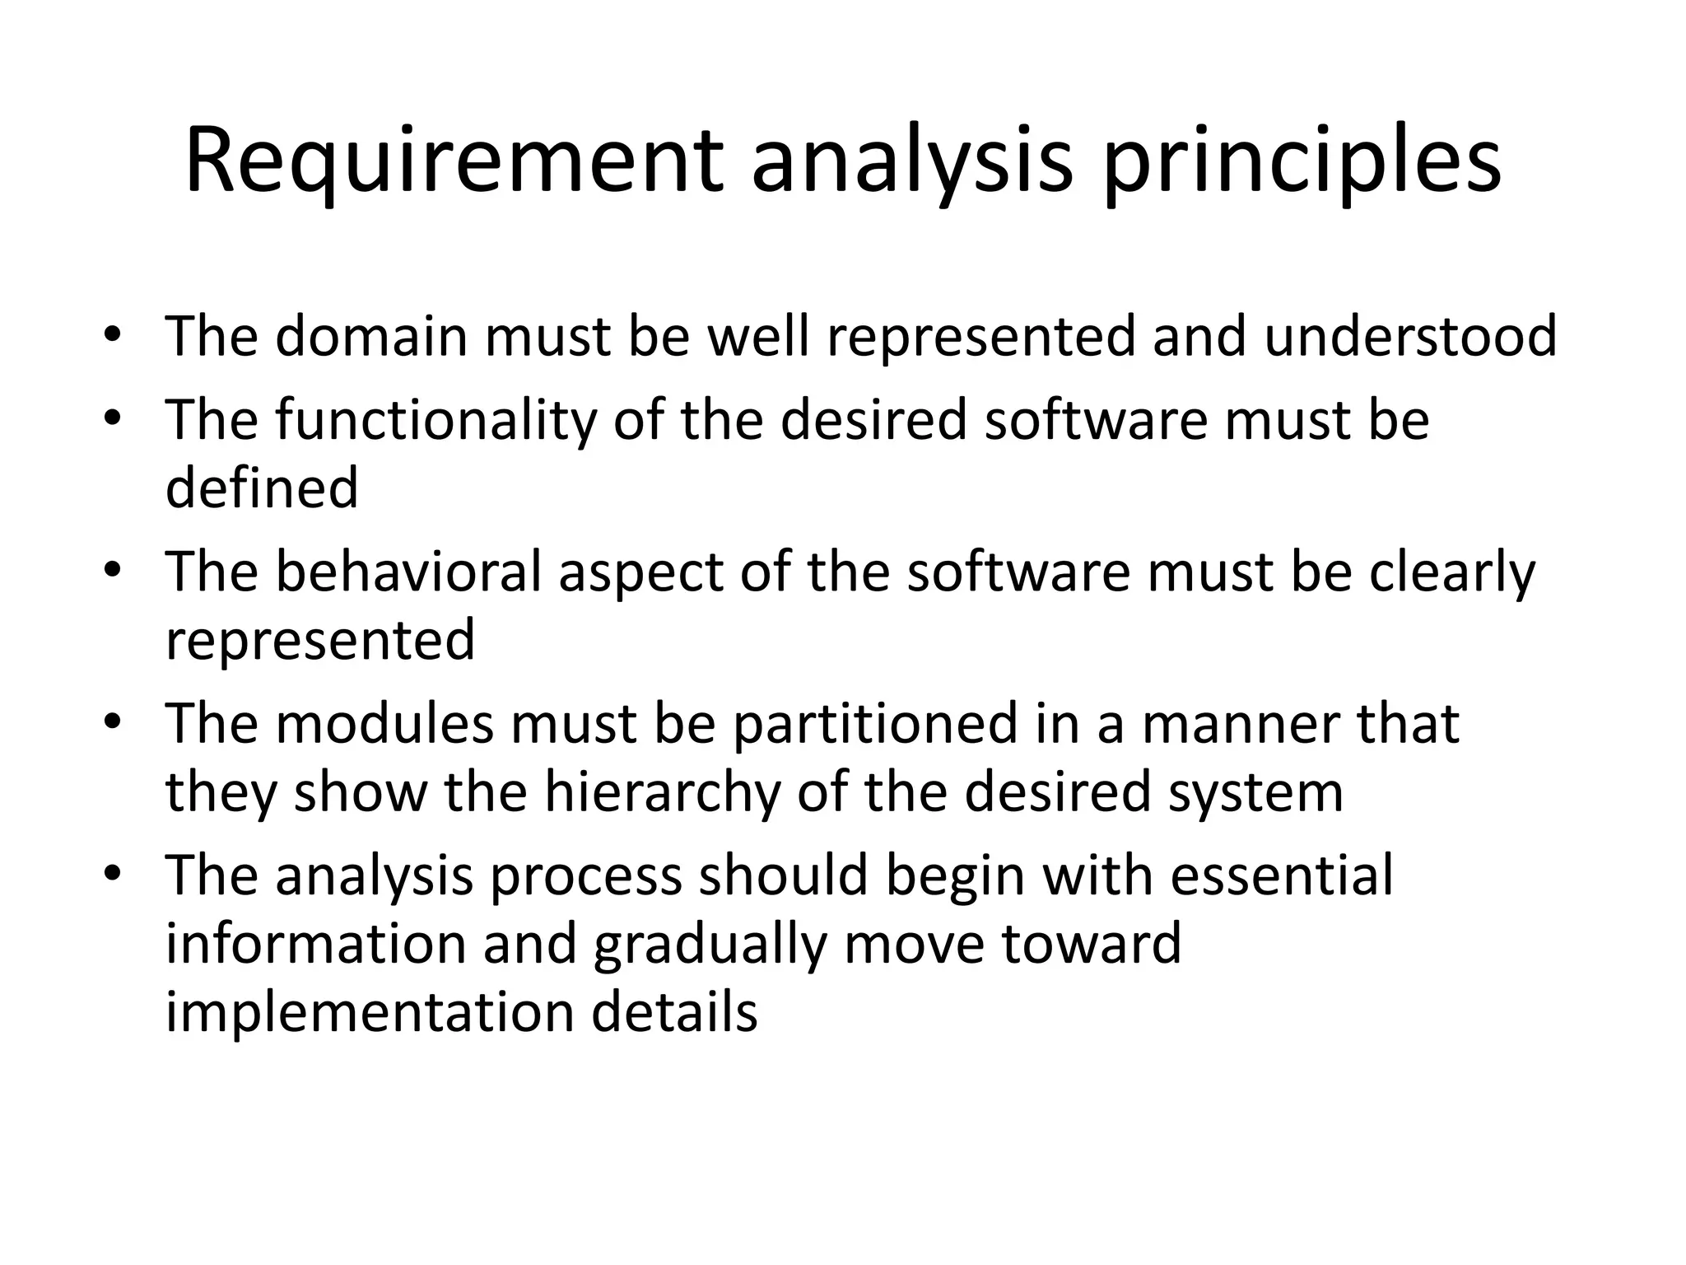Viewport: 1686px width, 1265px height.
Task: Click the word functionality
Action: pyautogui.click(x=435, y=420)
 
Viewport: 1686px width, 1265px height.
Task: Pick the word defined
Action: pyautogui.click(x=262, y=488)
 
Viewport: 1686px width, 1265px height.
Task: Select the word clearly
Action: pyautogui.click(x=1452, y=572)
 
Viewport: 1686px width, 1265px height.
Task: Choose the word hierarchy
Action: pyautogui.click(x=661, y=791)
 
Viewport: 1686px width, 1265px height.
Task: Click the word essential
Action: pyautogui.click(x=1281, y=875)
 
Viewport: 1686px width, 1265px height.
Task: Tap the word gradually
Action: pyautogui.click(x=709, y=944)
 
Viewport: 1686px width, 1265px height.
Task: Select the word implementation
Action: pyautogui.click(x=370, y=1012)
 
